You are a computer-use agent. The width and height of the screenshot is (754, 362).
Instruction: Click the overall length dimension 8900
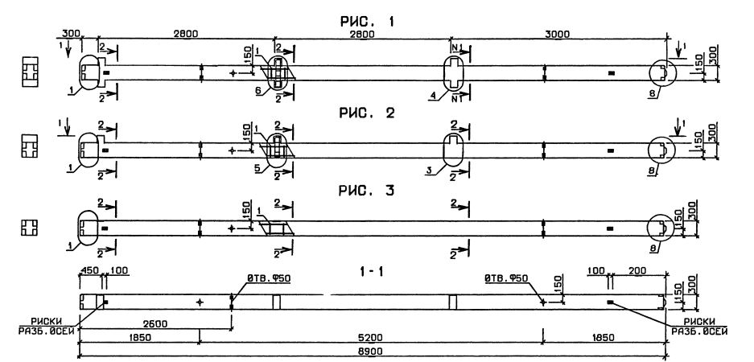click(x=375, y=352)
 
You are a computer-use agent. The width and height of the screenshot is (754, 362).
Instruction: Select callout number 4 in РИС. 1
click(x=434, y=97)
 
